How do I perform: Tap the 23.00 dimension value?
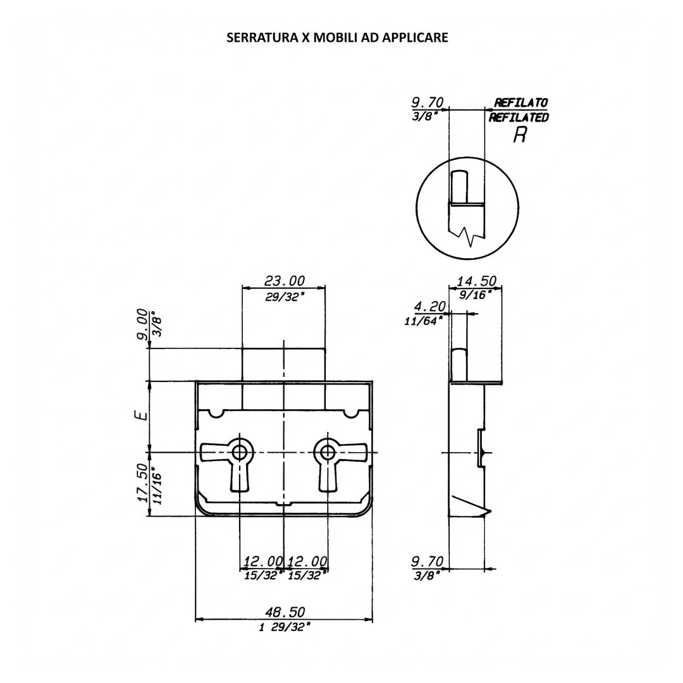(x=285, y=280)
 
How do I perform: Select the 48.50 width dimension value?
(x=285, y=612)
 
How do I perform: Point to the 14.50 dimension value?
(x=476, y=281)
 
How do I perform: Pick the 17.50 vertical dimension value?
(x=142, y=483)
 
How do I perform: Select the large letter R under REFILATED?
(x=519, y=135)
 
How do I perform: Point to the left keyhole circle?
(x=238, y=452)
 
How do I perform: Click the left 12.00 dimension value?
(x=263, y=561)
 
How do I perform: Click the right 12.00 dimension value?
(x=307, y=561)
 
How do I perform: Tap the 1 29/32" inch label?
(x=285, y=627)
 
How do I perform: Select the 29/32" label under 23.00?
(x=285, y=297)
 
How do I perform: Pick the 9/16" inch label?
(x=476, y=295)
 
